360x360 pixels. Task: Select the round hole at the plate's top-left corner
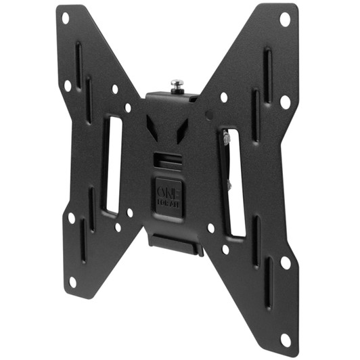[x=66, y=18]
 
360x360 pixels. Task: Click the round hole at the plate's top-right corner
[x=285, y=19]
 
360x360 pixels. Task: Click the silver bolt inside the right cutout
[x=226, y=139]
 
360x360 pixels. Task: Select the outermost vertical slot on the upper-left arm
[x=78, y=65]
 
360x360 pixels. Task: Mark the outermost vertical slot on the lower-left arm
[x=83, y=240]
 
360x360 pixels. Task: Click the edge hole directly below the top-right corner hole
[x=285, y=102]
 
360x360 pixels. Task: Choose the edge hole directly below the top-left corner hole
[x=67, y=86]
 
